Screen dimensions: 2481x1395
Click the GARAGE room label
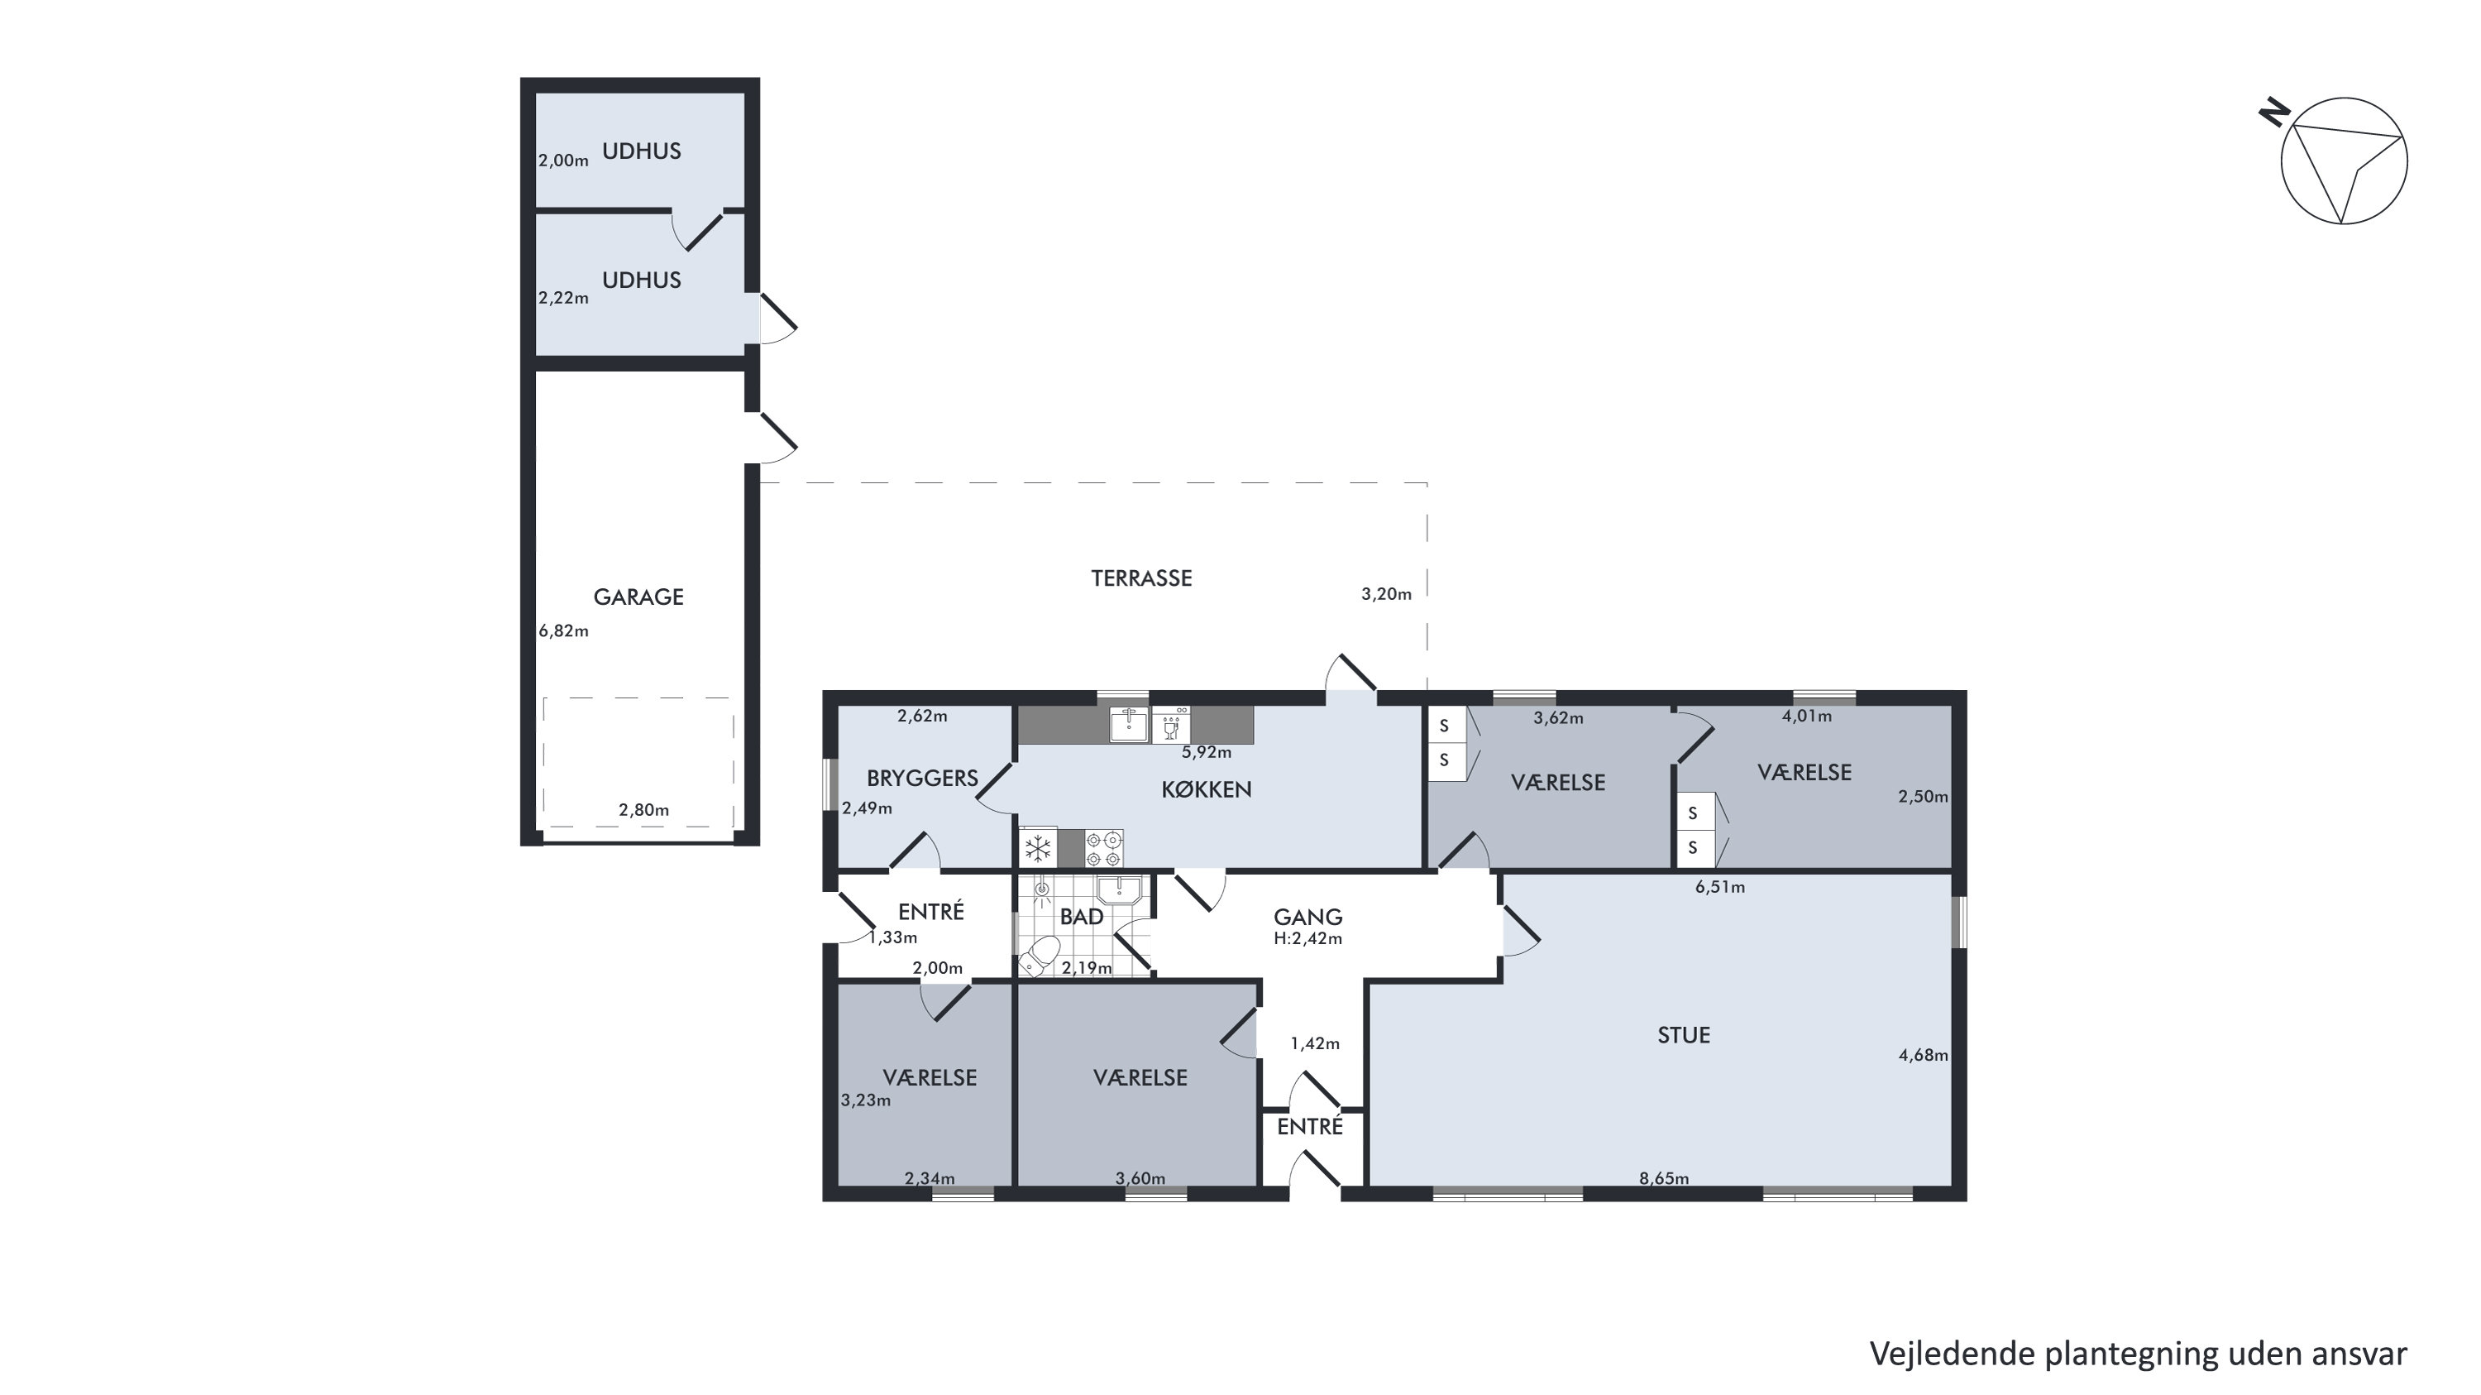coord(638,597)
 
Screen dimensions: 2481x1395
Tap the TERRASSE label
coord(1141,578)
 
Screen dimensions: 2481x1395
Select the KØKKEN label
coord(1206,790)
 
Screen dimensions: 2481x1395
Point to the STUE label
coord(1684,1036)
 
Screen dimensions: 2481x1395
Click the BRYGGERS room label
coord(922,779)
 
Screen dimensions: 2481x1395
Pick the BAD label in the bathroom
coord(1082,917)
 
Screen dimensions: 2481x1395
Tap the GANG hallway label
coord(1308,917)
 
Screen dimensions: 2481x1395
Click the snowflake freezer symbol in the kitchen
coord(1038,849)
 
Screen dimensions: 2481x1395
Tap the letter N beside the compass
coord(2274,113)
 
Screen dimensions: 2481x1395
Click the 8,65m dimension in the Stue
coord(1664,1177)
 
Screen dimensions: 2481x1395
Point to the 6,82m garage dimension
coord(563,631)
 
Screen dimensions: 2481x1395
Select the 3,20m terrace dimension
coord(1386,594)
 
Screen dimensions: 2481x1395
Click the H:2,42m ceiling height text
coord(1308,938)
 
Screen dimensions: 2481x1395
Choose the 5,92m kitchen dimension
coord(1207,752)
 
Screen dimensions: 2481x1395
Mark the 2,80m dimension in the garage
coord(643,810)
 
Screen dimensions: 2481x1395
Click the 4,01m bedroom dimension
coord(1807,716)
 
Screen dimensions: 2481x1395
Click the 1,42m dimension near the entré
coord(1315,1043)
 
